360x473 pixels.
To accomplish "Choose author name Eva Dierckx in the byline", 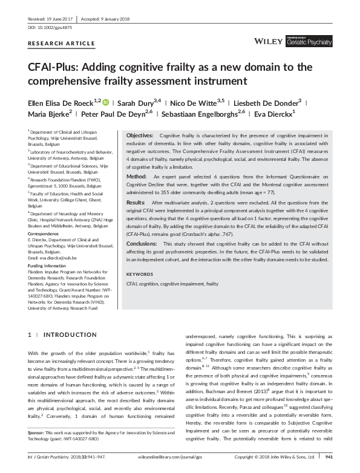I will tap(273, 113).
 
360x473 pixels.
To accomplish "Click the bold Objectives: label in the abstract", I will tap(139, 136).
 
